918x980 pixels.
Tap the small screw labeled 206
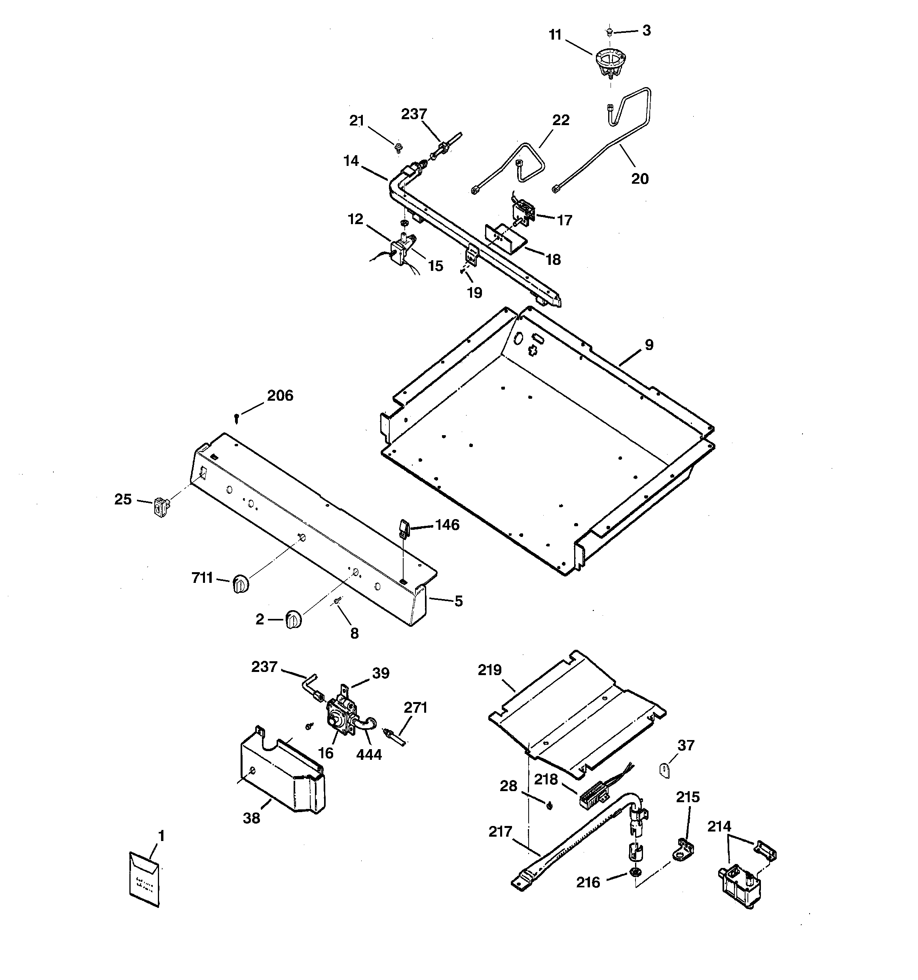[x=237, y=419]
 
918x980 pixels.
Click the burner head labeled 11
[x=610, y=63]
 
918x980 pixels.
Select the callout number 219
[x=489, y=670]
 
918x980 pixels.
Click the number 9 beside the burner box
[x=649, y=345]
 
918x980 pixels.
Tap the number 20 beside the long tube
[x=639, y=179]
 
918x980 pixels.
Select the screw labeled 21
[x=398, y=147]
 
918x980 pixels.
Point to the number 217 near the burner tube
[x=500, y=832]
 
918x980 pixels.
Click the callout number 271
[x=415, y=708]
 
